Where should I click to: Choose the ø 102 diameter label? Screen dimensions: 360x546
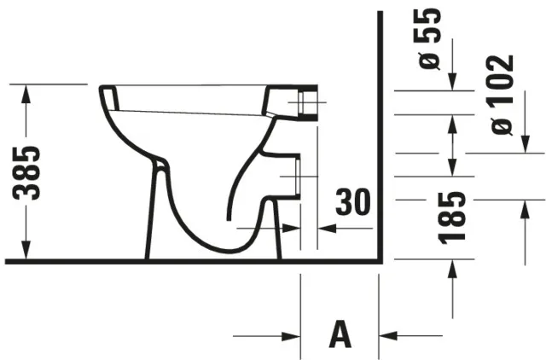503,94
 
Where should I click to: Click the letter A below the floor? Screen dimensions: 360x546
340,334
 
